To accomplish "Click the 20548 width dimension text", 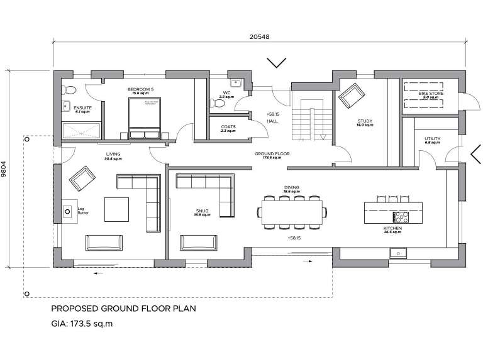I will coord(259,37).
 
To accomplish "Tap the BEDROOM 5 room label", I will coord(140,90).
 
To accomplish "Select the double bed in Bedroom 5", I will coord(145,118).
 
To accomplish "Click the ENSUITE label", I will coord(82,108).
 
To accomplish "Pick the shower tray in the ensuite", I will coord(80,131).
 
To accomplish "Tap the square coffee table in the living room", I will coord(116,209).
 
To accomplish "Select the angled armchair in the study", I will coord(351,96).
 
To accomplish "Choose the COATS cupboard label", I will coord(228,127).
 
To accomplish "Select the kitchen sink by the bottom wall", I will coord(397,253).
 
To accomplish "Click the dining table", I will coord(293,212).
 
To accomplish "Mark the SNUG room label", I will coord(202,211).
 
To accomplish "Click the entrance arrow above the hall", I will coord(277,63).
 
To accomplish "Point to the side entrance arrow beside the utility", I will coord(475,153).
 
